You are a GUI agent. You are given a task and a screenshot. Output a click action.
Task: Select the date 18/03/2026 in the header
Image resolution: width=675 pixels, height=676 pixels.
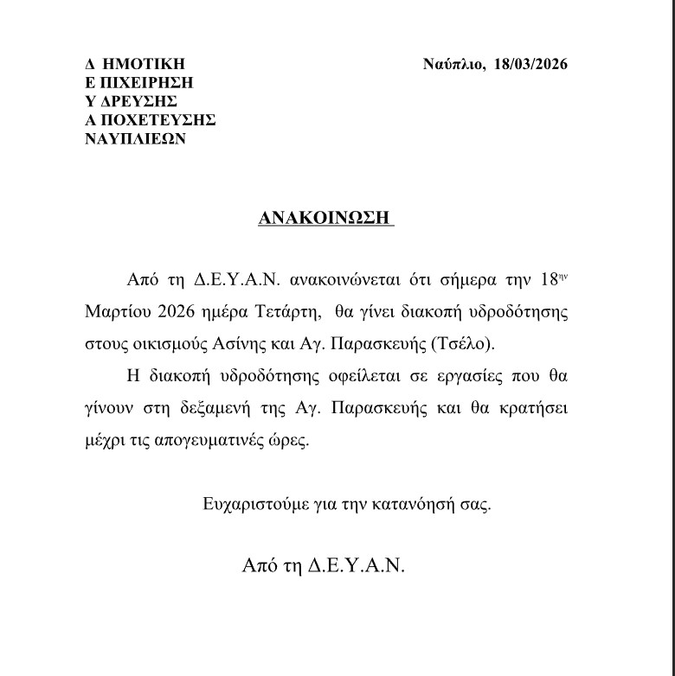tap(528, 65)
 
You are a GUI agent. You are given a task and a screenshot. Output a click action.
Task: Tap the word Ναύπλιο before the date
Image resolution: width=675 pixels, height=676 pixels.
tap(451, 65)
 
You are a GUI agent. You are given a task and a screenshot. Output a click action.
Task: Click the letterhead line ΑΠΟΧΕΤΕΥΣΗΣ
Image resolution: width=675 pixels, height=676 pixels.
tap(150, 120)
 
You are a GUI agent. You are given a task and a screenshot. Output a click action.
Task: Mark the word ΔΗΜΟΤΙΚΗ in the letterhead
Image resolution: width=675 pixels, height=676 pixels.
tap(135, 65)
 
